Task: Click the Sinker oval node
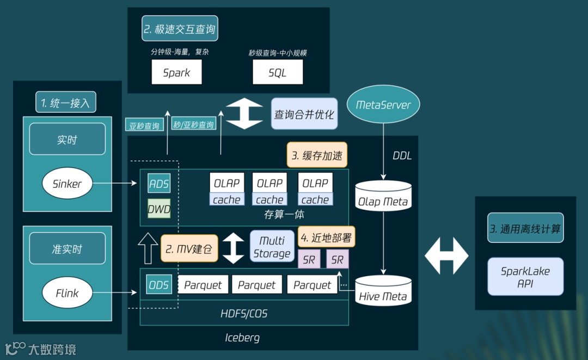pyautogui.click(x=67, y=184)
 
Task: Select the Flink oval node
pyautogui.click(x=67, y=293)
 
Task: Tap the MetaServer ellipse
pyautogui.click(x=383, y=105)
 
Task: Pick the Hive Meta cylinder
pyautogui.click(x=383, y=291)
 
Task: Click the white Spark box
pyautogui.click(x=176, y=72)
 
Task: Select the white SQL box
pyautogui.click(x=277, y=72)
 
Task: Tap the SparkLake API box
pyautogui.click(x=525, y=277)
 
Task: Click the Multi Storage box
pyautogui.click(x=272, y=247)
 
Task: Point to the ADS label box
pyautogui.click(x=159, y=184)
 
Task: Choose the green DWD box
pyautogui.click(x=159, y=208)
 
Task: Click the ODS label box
pyautogui.click(x=159, y=284)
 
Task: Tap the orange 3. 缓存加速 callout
pyautogui.click(x=317, y=156)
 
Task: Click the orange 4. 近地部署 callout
pyautogui.click(x=326, y=237)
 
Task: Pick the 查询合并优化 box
pyautogui.click(x=303, y=114)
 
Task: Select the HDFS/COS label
pyautogui.click(x=244, y=314)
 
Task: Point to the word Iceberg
pyautogui.click(x=242, y=338)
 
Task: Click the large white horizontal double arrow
pyautogui.click(x=446, y=255)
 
